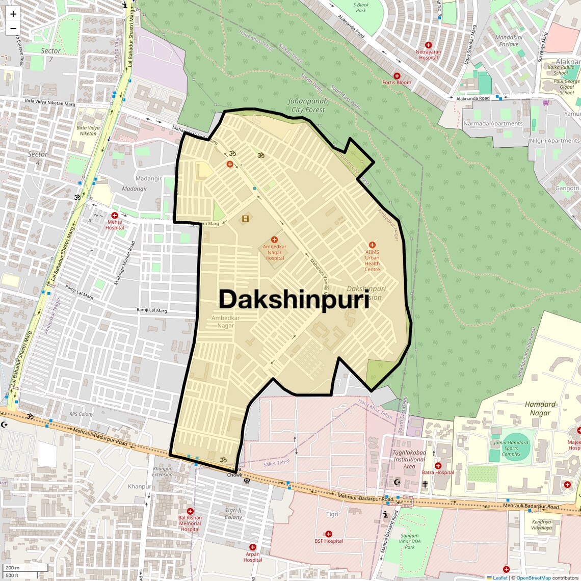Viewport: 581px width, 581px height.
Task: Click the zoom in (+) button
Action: pos(13,14)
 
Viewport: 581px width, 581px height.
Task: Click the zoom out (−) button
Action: pos(13,29)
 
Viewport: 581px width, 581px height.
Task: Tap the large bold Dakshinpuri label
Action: pos(294,300)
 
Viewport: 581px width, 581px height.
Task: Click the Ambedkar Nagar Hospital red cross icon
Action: pos(274,240)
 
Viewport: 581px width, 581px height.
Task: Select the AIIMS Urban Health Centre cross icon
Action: pos(372,245)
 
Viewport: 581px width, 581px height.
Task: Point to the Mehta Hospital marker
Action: pos(115,216)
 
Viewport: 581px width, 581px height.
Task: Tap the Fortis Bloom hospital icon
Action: pos(397,76)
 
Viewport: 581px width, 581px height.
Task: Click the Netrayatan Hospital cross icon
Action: pos(428,45)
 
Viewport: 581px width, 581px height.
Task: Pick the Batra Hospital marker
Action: pos(438,466)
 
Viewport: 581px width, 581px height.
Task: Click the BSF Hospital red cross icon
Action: pos(328,534)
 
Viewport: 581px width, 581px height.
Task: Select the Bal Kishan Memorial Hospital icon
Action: pos(190,511)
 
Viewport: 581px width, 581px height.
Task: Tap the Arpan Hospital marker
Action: pos(252,547)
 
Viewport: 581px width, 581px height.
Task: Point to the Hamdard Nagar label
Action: pos(540,408)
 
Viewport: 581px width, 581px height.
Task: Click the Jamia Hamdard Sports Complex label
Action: pos(511,448)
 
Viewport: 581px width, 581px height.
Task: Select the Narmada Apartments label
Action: pos(493,123)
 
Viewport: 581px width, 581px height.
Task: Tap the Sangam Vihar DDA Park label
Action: pos(410,541)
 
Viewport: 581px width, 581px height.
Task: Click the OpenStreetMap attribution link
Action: pos(533,577)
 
